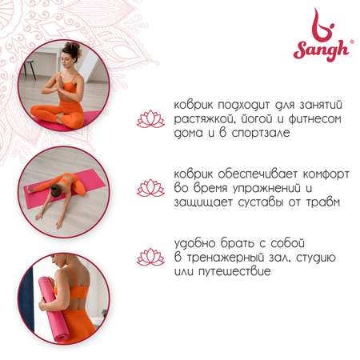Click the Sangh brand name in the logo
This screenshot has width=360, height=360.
tap(322, 50)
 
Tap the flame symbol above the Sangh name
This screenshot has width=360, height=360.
tap(323, 26)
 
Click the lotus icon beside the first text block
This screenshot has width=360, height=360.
tap(150, 119)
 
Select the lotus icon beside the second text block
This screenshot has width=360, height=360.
tap(150, 188)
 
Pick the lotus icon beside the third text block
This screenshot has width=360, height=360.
tap(150, 257)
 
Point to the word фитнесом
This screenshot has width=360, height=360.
tap(314, 118)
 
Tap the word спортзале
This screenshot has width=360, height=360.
tap(261, 133)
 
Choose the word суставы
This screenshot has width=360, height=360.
tap(260, 202)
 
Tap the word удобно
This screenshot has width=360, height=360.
tap(195, 243)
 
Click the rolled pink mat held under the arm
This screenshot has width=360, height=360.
tap(54, 310)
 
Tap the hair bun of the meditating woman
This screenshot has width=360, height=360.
tap(72, 48)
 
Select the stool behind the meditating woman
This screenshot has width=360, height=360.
tap(30, 69)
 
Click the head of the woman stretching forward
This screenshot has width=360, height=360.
tap(56, 190)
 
